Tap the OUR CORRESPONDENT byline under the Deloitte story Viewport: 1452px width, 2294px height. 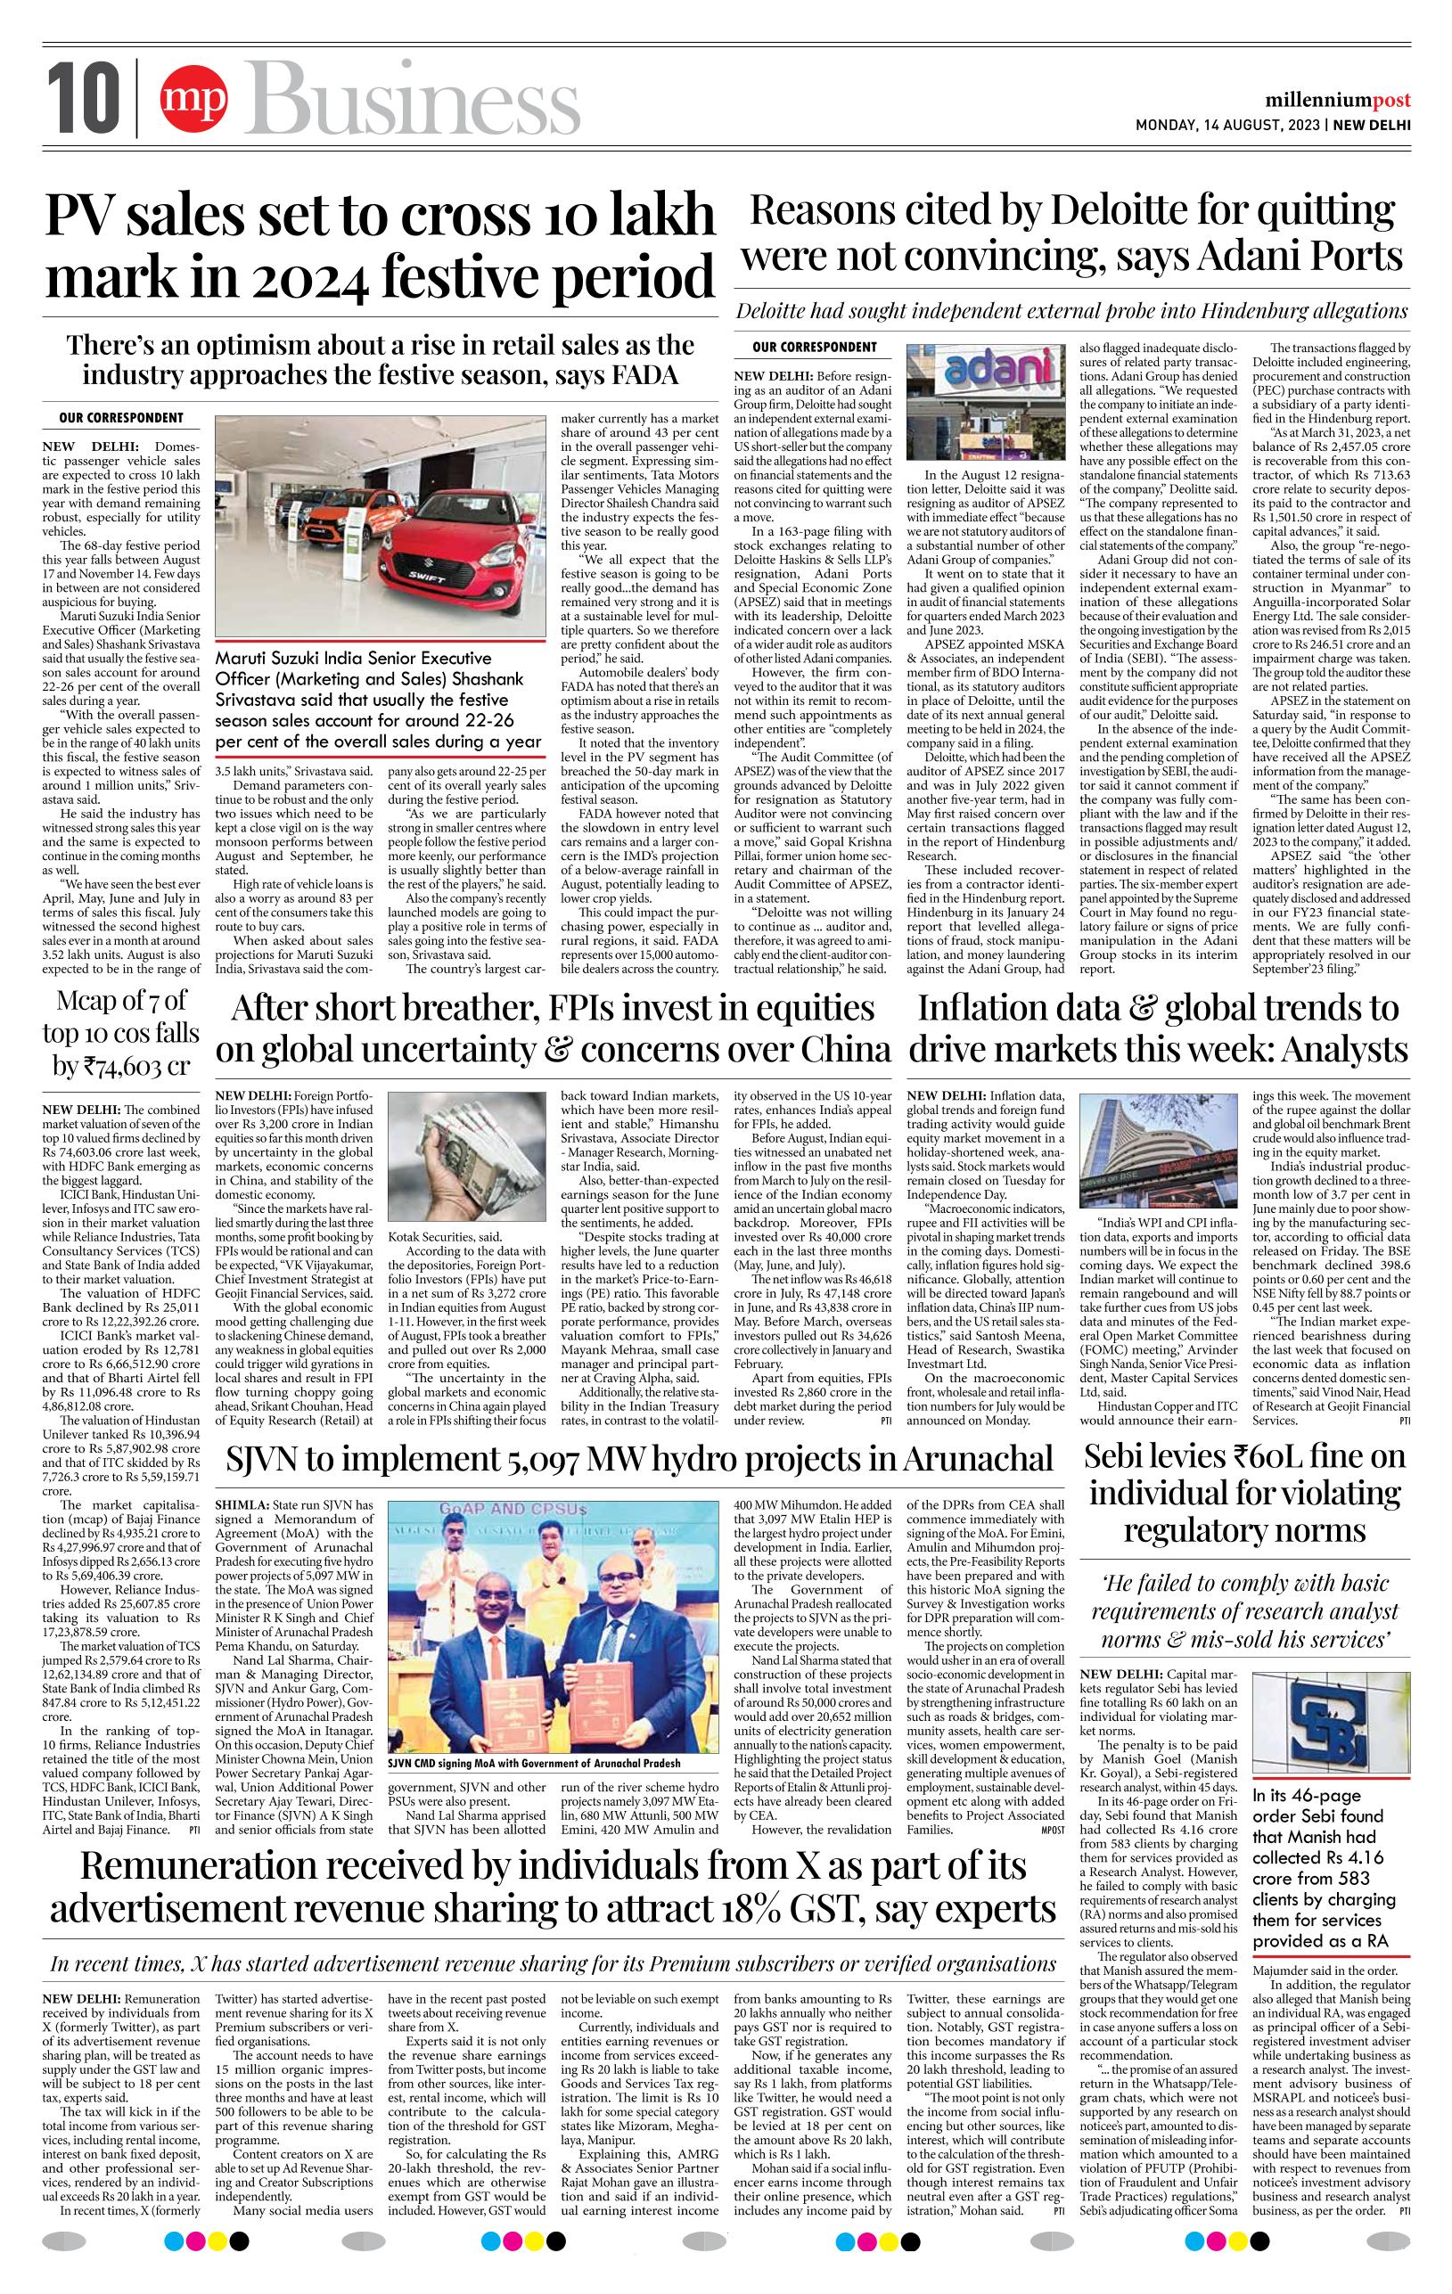pyautogui.click(x=814, y=348)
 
